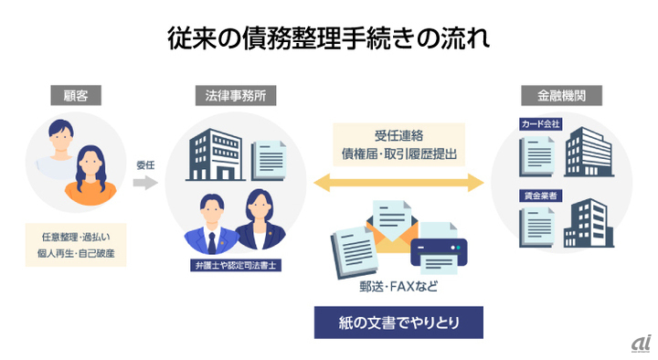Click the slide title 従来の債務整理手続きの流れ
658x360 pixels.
click(x=328, y=38)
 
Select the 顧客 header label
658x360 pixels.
click(x=75, y=94)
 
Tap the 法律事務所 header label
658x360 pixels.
click(x=236, y=94)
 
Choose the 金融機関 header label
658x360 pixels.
click(x=560, y=94)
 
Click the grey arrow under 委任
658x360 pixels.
click(x=145, y=183)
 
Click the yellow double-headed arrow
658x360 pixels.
click(x=398, y=184)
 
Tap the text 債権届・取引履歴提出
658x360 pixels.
click(x=398, y=154)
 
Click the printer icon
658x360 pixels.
click(x=439, y=248)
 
